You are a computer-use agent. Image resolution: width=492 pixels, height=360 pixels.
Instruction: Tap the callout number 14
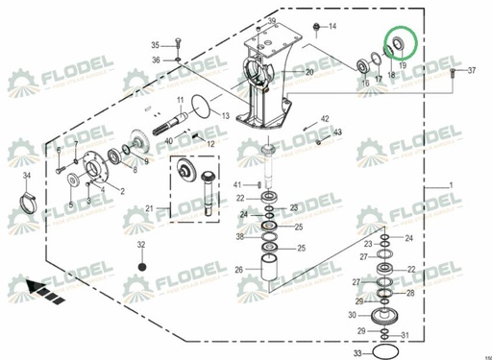tap(332, 26)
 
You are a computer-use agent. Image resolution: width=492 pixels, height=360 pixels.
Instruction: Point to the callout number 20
tap(309, 73)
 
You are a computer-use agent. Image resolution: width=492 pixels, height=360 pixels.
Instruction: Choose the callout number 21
tap(149, 208)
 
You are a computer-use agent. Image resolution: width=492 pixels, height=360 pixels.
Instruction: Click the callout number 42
tap(326, 119)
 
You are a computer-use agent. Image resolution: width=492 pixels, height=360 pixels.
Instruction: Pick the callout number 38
tap(239, 236)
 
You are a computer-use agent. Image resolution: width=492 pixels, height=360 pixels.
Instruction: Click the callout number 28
tap(411, 293)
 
